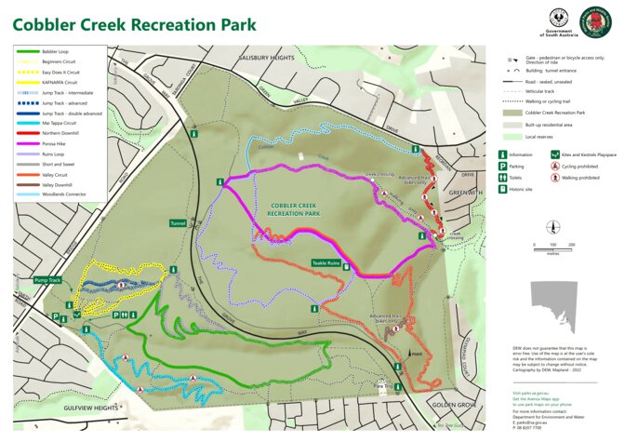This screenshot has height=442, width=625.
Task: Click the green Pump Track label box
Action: coord(47,279)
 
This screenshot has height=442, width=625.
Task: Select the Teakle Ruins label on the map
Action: coord(326,263)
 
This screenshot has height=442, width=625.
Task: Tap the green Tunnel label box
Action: coord(179,223)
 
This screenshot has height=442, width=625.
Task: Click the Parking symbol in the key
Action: coord(503,167)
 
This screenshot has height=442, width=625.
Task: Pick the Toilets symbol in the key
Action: coord(503,178)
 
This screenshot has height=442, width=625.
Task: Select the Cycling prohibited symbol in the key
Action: coord(554,167)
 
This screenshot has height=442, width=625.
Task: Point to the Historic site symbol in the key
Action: coord(503,190)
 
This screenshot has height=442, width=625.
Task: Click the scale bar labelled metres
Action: coord(552,249)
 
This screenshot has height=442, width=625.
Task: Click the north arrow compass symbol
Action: coord(552,227)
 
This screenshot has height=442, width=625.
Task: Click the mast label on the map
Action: coord(416,354)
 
